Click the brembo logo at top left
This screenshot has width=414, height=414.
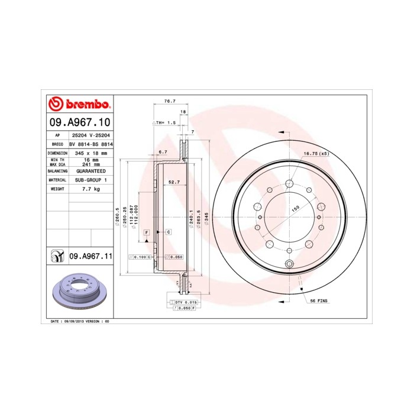79,105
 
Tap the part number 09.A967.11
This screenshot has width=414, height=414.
91,256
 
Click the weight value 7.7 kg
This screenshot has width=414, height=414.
91,189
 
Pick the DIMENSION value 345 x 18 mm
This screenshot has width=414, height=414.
91,153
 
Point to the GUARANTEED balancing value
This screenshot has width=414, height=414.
91,170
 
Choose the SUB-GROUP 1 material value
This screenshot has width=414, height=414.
91,179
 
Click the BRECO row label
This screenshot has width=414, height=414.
58,144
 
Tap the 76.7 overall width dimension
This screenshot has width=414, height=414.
169,101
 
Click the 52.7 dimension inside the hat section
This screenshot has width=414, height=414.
174,182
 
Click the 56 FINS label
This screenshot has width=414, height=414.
319,301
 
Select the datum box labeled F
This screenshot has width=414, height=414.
145,232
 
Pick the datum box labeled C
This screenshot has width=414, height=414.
168,232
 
